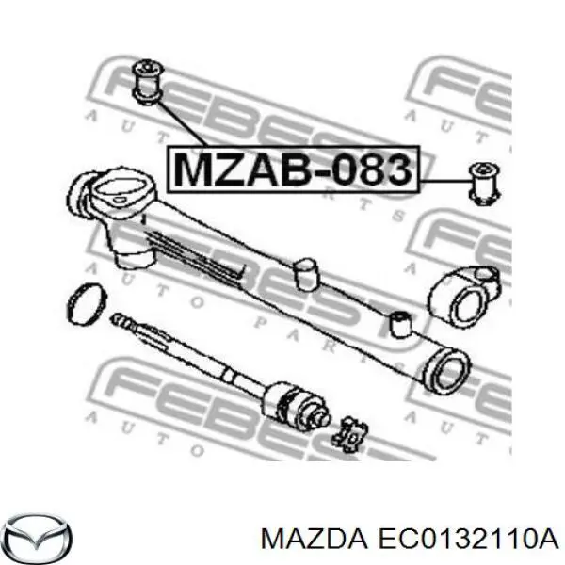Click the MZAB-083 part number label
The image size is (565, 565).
[293, 169]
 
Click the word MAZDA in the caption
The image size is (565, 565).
[315, 539]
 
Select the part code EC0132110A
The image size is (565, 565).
[467, 539]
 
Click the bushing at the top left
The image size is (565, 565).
[148, 83]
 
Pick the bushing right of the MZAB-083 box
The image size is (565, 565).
[484, 184]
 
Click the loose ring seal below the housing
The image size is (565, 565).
[87, 304]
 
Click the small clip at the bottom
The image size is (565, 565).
[350, 434]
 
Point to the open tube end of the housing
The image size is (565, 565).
[446, 372]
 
